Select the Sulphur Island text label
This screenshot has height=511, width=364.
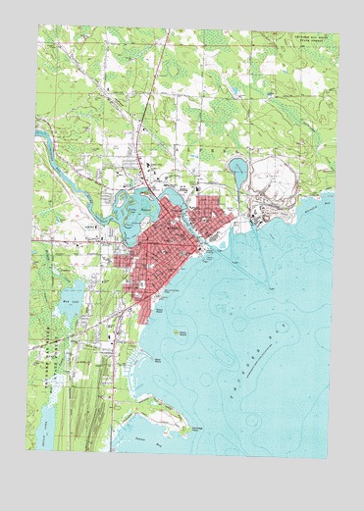[x=178, y=340]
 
